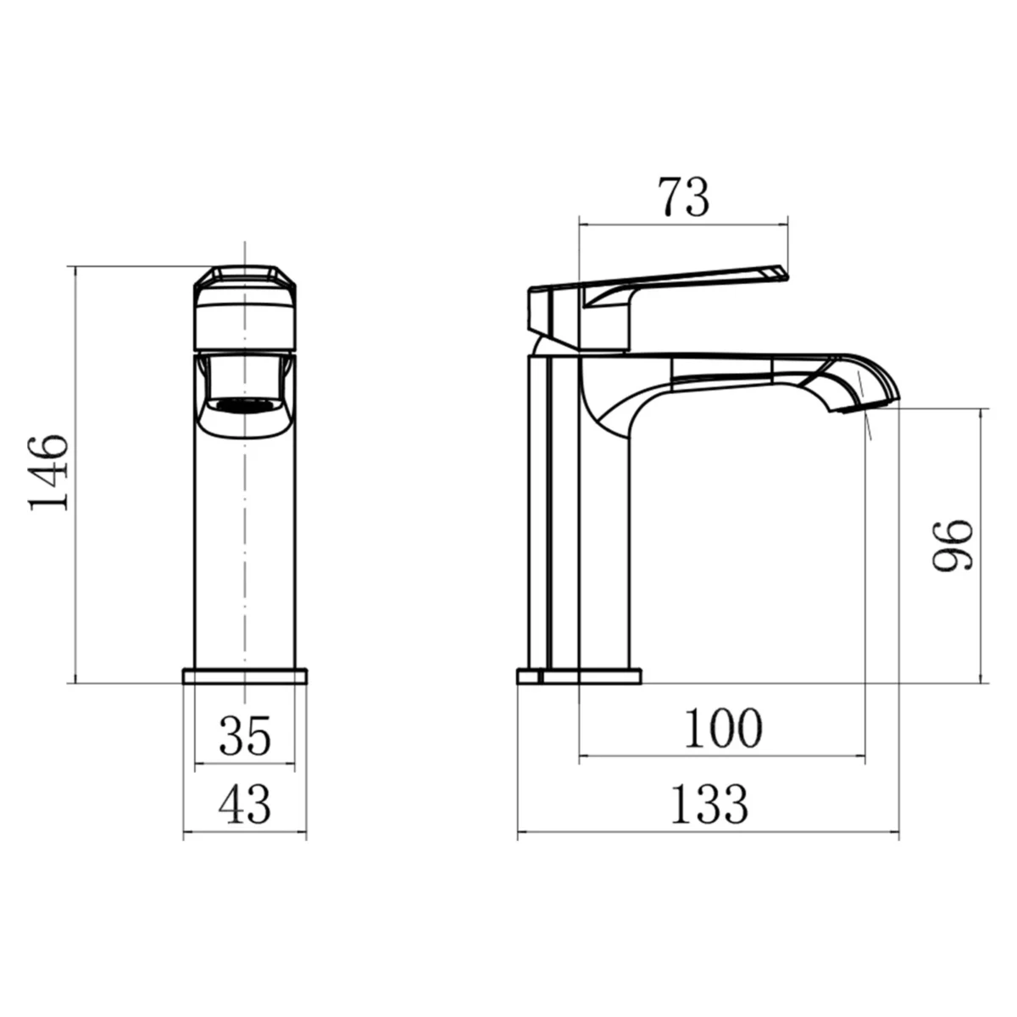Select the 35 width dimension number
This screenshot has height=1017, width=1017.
tap(245, 735)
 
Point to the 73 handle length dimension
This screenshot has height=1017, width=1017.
tap(683, 197)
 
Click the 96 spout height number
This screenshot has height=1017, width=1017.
tap(953, 547)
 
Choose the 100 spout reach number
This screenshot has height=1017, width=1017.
tap(723, 729)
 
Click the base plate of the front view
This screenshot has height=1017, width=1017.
tap(245, 675)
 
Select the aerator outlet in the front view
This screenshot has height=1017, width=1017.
tap(245, 405)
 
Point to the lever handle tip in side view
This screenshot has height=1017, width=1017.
tap(775, 273)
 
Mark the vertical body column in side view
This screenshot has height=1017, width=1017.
tap(593, 551)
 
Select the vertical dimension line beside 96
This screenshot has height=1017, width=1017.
tap(982, 547)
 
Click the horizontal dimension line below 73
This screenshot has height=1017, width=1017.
tap(683, 225)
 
